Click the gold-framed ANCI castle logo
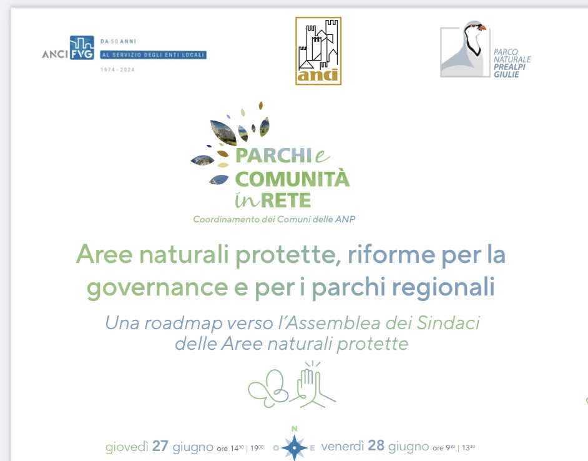pyautogui.click(x=318, y=51)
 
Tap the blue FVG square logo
pyautogui.click(x=82, y=47)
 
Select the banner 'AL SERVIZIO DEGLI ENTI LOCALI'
pyautogui.click(x=154, y=55)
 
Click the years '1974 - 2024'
pyautogui.click(x=117, y=69)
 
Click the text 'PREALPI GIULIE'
pyautogui.click(x=509, y=71)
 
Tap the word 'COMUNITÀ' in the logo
pyautogui.click(x=292, y=179)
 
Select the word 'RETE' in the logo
pyautogui.click(x=286, y=201)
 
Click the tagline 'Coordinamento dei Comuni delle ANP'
pyautogui.click(x=274, y=219)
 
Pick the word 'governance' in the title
pyautogui.click(x=157, y=288)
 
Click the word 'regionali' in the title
pyautogui.click(x=444, y=287)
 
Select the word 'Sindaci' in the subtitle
pyautogui.click(x=448, y=322)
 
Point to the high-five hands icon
pyautogui.click(x=313, y=385)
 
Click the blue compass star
pyautogui.click(x=295, y=447)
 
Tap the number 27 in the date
pyautogui.click(x=160, y=446)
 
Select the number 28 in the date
pyautogui.click(x=376, y=445)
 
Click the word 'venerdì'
pyautogui.click(x=342, y=446)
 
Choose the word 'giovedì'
pyautogui.click(x=127, y=447)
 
